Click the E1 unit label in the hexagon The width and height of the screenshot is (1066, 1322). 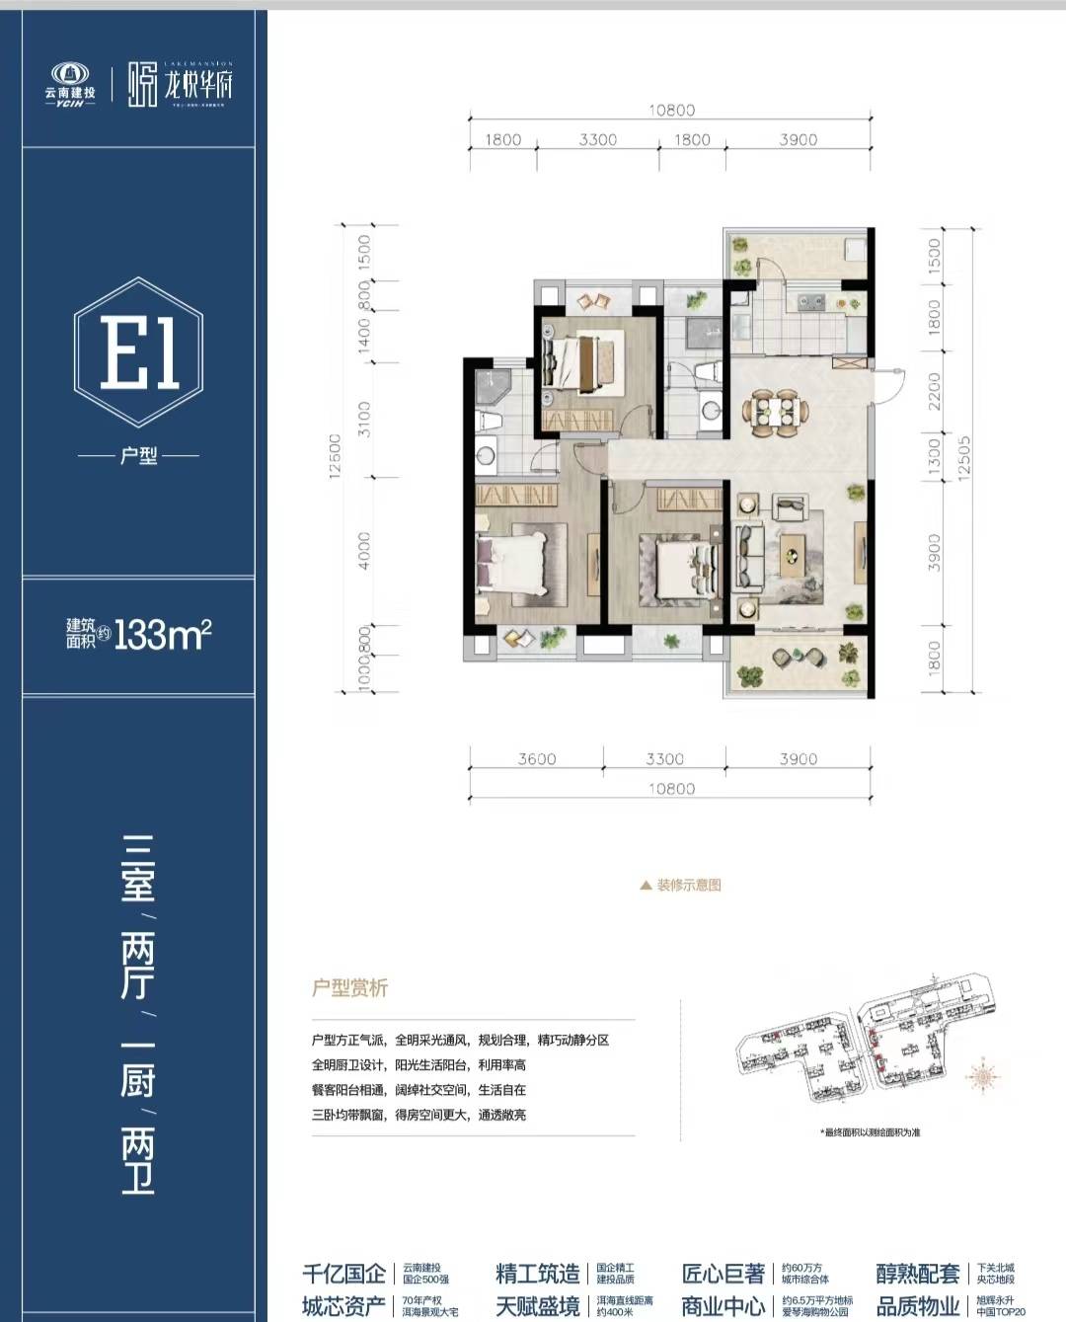138,352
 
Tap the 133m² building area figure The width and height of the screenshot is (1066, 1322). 163,635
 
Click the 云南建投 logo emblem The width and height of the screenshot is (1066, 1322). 69,75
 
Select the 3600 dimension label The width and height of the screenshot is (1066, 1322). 537,758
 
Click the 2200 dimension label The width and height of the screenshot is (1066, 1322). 934,392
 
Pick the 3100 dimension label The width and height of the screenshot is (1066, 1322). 364,419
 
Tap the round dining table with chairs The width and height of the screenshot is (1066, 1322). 776,411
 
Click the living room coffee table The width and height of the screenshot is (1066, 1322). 792,555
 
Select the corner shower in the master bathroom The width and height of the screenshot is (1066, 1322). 490,388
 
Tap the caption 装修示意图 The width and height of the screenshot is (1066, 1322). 688,885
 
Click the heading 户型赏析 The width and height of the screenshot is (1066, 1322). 349,988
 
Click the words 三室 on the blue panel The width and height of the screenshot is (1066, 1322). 138,869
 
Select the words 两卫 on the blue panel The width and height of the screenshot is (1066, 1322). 138,1163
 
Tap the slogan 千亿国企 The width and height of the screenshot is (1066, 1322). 343,1274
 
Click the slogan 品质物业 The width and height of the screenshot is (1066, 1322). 918,1307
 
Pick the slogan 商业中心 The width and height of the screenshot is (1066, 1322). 723,1307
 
